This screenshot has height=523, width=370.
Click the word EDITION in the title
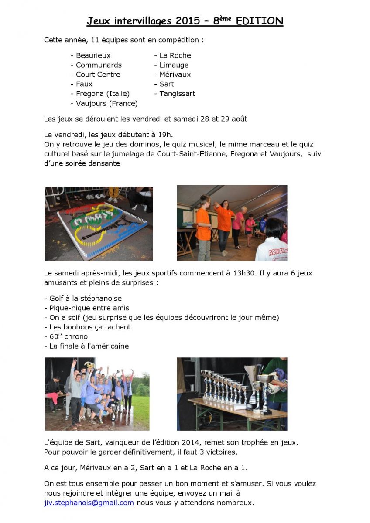tap(260, 21)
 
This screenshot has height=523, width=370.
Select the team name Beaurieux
tap(93, 55)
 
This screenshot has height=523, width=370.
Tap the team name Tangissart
tap(177, 94)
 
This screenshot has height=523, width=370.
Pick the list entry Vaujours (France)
tap(106, 103)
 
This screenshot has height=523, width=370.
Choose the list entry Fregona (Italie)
tap(103, 94)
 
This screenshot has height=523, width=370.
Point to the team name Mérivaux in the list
tap(175, 75)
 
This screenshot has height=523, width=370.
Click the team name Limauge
tap(174, 65)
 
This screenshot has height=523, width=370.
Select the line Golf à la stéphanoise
tap(85, 299)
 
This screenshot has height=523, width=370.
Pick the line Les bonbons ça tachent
tap(90, 327)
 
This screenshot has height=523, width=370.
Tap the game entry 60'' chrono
tap(68, 336)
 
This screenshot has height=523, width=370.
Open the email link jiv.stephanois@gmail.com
tap(89, 503)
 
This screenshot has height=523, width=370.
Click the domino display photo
tap(99, 224)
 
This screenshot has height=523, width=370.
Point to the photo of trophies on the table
tap(232, 394)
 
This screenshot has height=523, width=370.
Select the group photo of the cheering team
tap(97, 394)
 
